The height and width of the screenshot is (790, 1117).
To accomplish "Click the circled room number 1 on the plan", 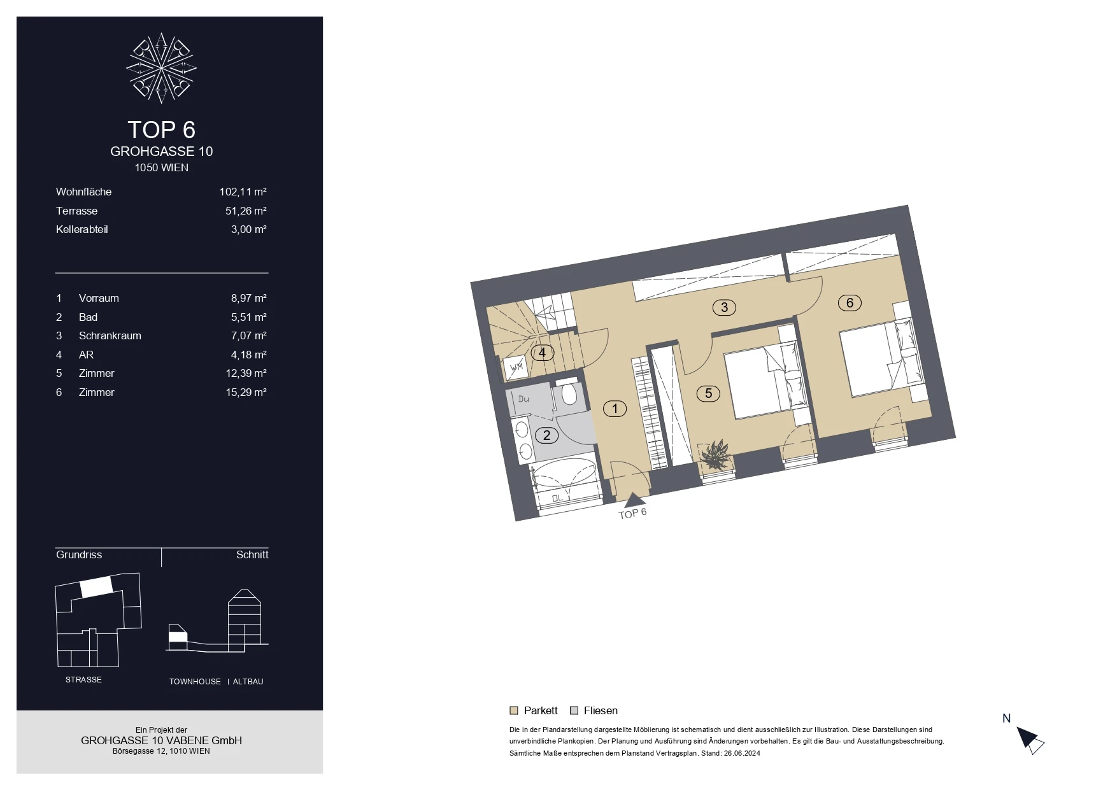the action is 615,409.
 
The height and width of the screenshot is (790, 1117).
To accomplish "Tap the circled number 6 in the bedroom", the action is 850,303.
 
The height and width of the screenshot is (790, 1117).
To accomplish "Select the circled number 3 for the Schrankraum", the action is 724,308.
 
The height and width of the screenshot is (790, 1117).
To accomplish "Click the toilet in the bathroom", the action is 569,394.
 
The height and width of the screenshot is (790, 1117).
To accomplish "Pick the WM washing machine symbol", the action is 516,367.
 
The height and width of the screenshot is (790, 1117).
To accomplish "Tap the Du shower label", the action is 523,399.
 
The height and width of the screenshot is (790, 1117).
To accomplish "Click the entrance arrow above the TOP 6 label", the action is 634,500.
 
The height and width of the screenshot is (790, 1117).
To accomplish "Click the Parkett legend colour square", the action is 514,710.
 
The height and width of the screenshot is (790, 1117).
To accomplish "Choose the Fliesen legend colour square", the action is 574,710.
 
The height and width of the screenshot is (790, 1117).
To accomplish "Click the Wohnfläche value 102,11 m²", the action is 243,192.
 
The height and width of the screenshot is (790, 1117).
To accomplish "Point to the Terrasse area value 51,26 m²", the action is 246,211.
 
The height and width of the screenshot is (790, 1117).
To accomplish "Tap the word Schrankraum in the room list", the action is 110,335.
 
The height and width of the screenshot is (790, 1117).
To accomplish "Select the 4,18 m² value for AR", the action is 248,355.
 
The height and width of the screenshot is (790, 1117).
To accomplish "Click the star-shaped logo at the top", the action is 162,67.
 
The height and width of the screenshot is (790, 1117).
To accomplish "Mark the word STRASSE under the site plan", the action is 83,680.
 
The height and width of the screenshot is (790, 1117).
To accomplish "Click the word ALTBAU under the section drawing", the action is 248,682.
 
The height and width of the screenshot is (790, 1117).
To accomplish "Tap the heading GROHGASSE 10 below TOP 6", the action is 162,152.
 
